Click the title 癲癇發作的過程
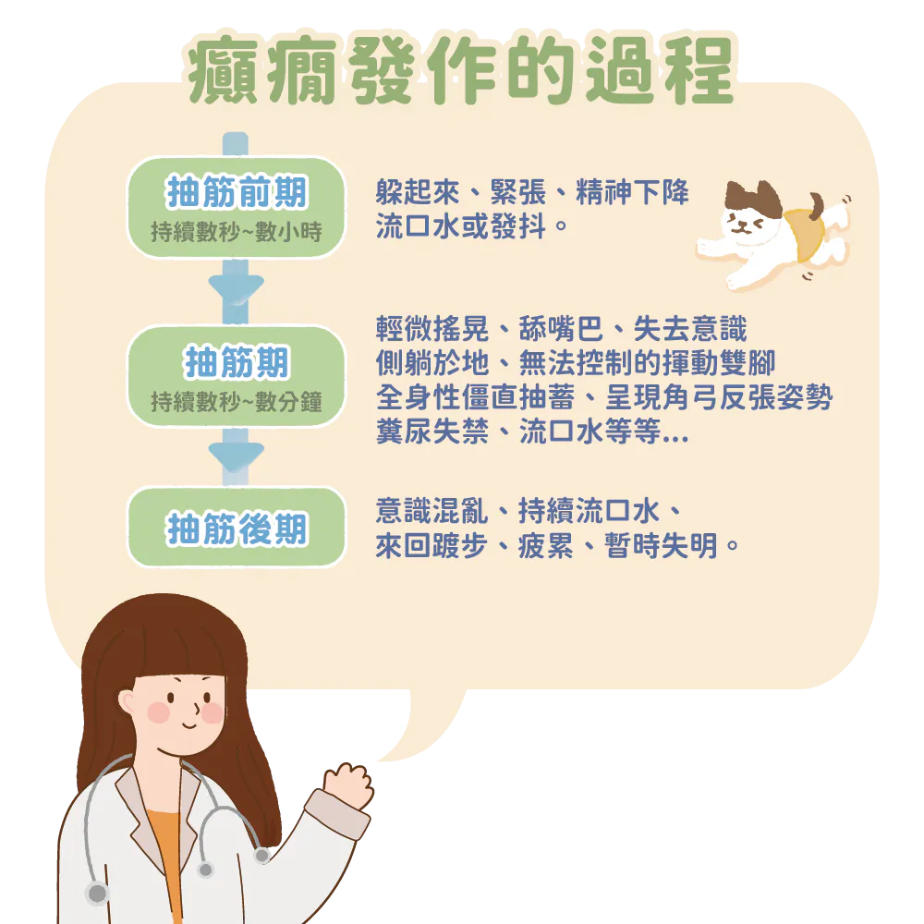pyautogui.click(x=460, y=72)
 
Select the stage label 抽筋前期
pyautogui.click(x=237, y=193)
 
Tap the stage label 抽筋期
pyautogui.click(x=237, y=362)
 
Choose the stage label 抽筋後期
pyautogui.click(x=237, y=529)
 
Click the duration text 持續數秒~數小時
pyautogui.click(x=237, y=231)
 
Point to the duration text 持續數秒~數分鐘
pyautogui.click(x=237, y=401)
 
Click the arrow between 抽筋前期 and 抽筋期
pyautogui.click(x=237, y=288)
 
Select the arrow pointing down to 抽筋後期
pyautogui.click(x=237, y=456)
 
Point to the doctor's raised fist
pyautogui.click(x=349, y=785)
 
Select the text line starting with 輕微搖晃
pyautogui.click(x=562, y=329)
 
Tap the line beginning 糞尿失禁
pyautogui.click(x=532, y=432)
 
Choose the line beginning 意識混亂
pyautogui.click(x=529, y=510)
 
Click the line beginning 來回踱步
pyautogui.click(x=558, y=546)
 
